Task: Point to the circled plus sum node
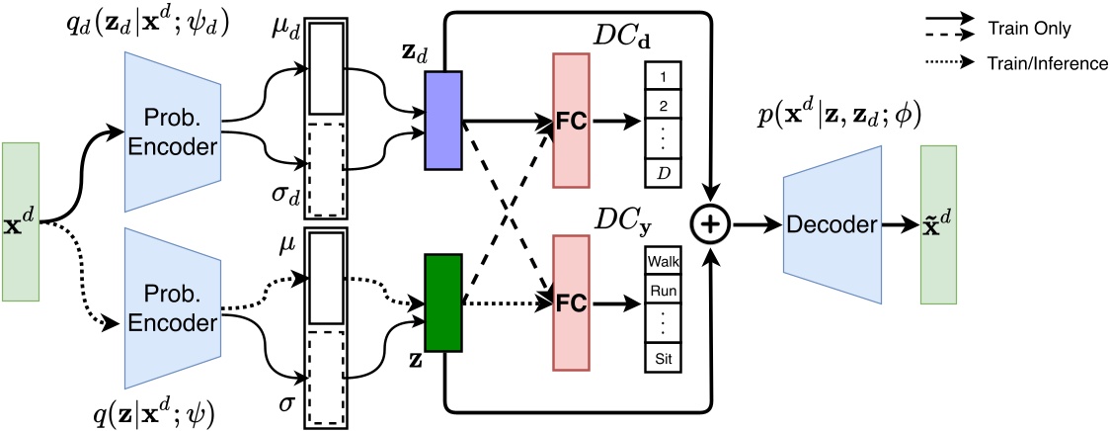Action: [x=715, y=225]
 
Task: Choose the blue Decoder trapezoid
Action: [x=833, y=225]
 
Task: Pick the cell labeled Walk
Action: [x=665, y=263]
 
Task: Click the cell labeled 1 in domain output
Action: [x=665, y=75]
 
